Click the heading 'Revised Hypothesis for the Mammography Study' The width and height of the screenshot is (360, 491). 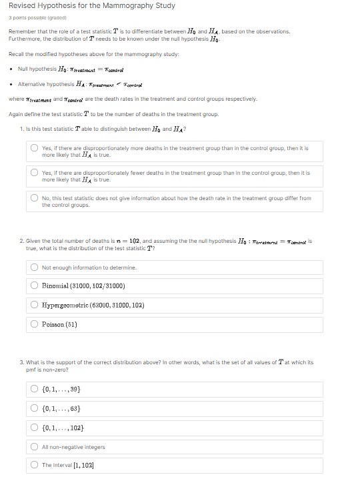click(92, 6)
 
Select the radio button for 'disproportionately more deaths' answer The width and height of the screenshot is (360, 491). click(34, 148)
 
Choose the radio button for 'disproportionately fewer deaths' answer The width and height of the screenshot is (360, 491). click(34, 172)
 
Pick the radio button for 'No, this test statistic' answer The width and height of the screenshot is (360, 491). click(34, 198)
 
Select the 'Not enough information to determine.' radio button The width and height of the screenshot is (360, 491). click(34, 267)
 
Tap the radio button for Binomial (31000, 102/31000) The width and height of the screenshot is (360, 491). click(34, 286)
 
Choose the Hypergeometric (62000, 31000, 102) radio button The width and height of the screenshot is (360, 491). click(34, 305)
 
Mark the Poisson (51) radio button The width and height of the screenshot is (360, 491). click(34, 324)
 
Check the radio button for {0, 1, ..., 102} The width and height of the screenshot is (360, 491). click(34, 428)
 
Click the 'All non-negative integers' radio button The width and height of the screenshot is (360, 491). click(34, 446)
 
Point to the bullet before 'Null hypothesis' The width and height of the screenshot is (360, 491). click(13, 69)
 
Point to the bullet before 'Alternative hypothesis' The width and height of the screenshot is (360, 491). click(13, 84)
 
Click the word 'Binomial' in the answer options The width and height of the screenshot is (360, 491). click(55, 286)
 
